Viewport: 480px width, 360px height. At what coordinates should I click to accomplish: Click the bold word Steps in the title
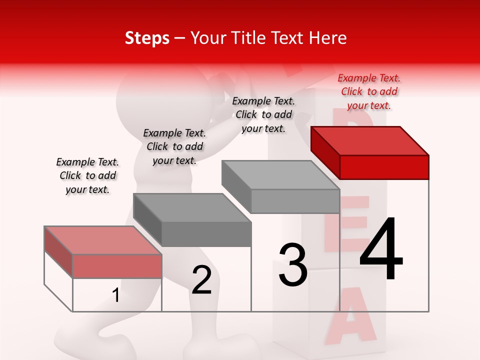[x=147, y=38]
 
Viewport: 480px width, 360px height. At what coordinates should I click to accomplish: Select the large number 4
[x=381, y=249]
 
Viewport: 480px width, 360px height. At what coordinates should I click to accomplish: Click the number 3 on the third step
[x=293, y=265]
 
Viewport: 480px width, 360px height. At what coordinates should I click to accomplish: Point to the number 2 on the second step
[x=202, y=280]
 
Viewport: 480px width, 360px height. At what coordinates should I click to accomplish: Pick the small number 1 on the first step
[x=116, y=295]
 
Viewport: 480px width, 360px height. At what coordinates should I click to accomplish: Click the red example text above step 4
[x=369, y=91]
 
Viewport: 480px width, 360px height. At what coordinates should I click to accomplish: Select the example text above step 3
[x=263, y=114]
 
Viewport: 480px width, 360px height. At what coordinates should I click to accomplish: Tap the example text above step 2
[x=174, y=146]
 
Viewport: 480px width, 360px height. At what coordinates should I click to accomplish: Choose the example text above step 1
[x=87, y=175]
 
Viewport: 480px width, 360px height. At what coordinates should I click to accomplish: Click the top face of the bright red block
[x=370, y=140]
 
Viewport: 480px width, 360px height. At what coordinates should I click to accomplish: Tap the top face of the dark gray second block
[x=192, y=208]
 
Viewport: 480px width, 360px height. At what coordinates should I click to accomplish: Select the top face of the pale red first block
[x=103, y=240]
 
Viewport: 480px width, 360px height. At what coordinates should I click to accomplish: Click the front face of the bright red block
[x=384, y=167]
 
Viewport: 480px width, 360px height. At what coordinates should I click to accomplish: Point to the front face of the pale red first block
[x=117, y=266]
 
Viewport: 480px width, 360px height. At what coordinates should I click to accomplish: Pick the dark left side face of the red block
[x=325, y=152]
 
